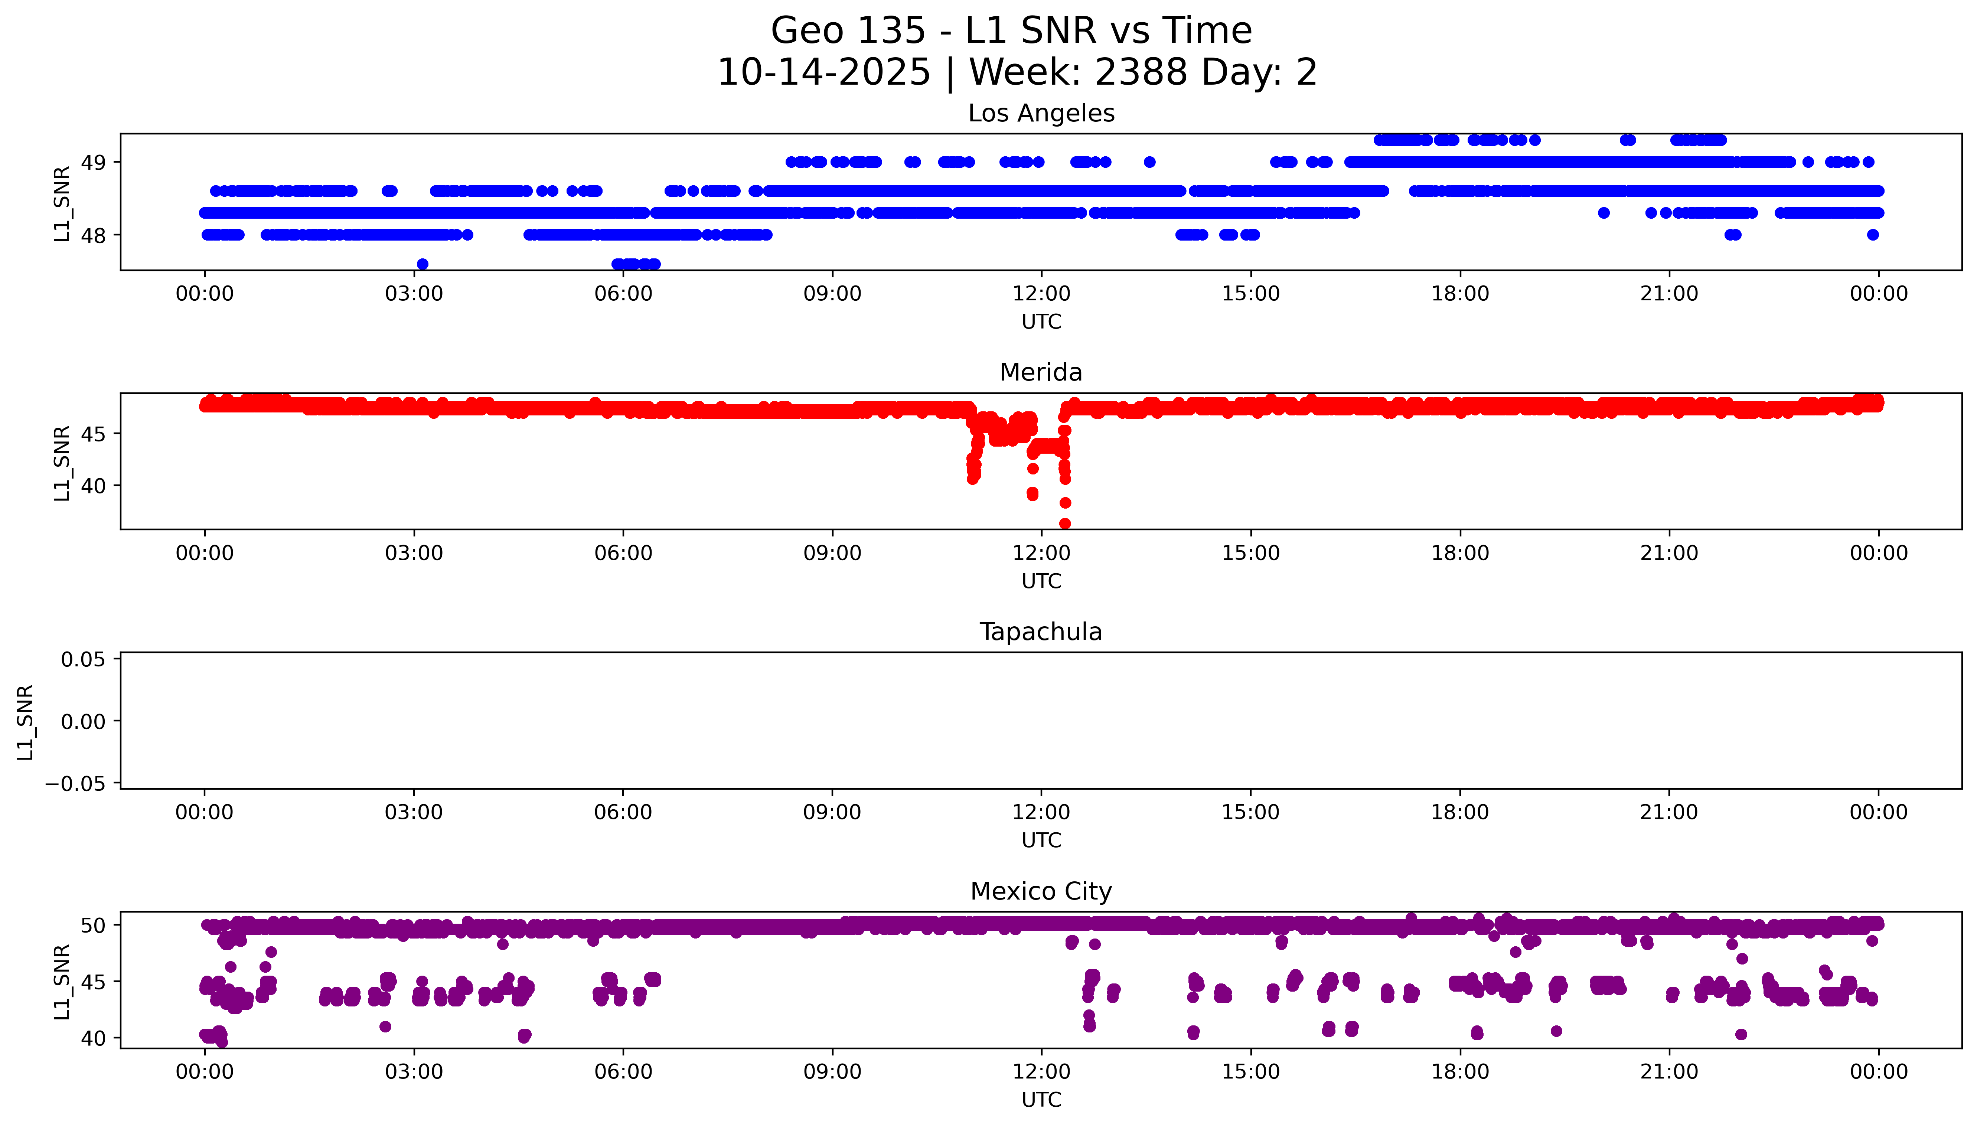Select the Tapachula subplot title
point(1041,632)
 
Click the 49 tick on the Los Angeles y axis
point(94,162)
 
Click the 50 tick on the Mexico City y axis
point(94,925)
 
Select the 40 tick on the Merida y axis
point(94,486)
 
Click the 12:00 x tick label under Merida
point(1041,553)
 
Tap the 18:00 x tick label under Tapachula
point(1460,812)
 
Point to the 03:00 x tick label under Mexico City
point(414,1072)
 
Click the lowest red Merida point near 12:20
point(1065,523)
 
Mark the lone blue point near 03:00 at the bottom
point(422,264)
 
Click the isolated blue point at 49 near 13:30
point(1150,161)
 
